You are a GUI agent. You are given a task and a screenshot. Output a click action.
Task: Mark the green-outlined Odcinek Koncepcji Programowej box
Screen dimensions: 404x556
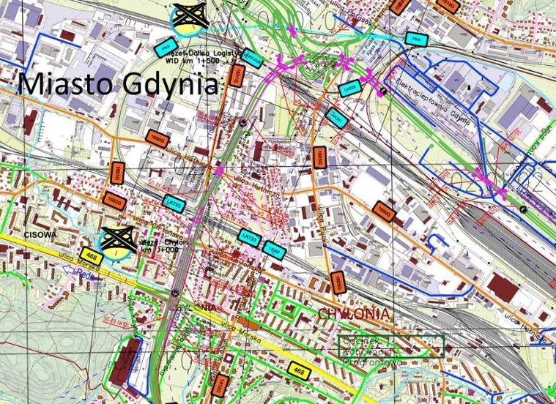click(392, 347)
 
